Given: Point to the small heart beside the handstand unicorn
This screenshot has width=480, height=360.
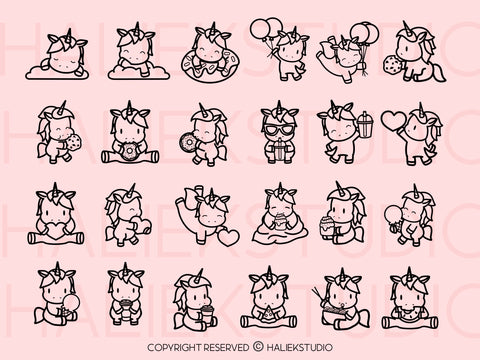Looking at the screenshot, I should pos(230,236).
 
